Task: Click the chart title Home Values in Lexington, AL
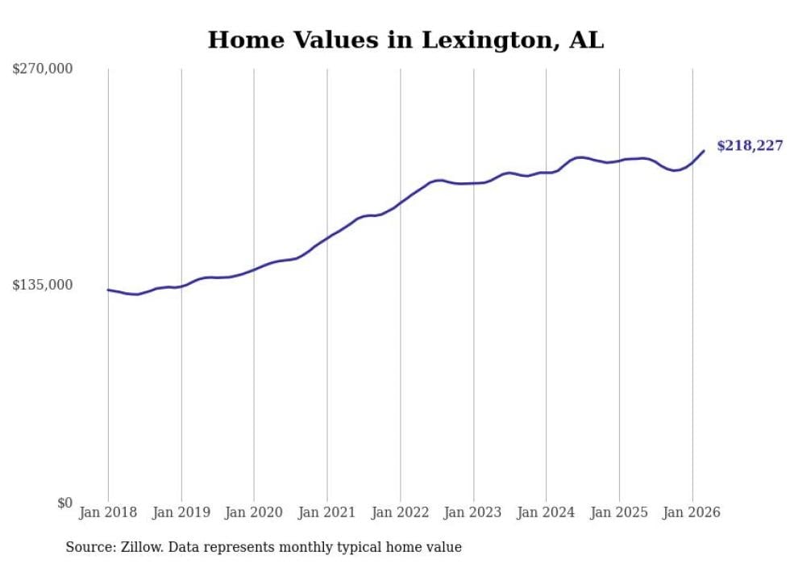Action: pyautogui.click(x=405, y=40)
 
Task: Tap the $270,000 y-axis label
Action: pyautogui.click(x=43, y=69)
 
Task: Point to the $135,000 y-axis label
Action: pyautogui.click(x=43, y=285)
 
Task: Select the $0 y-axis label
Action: pyautogui.click(x=64, y=503)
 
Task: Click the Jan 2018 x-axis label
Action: pyautogui.click(x=108, y=512)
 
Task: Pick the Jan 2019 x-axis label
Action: pyautogui.click(x=181, y=512)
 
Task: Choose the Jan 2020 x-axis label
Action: pyautogui.click(x=254, y=512)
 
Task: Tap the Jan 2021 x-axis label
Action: pyautogui.click(x=327, y=512)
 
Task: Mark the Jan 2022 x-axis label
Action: pyautogui.click(x=401, y=512)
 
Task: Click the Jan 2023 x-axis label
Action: pyautogui.click(x=473, y=512)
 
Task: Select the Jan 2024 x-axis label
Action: pyautogui.click(x=547, y=512)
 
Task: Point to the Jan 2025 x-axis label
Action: pyautogui.click(x=619, y=512)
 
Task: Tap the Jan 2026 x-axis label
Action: pyautogui.click(x=692, y=512)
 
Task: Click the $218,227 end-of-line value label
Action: pyautogui.click(x=750, y=146)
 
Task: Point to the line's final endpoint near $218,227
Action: pyautogui.click(x=704, y=151)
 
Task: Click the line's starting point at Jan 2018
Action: pyautogui.click(x=108, y=290)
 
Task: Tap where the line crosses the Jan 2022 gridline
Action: pyautogui.click(x=401, y=203)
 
